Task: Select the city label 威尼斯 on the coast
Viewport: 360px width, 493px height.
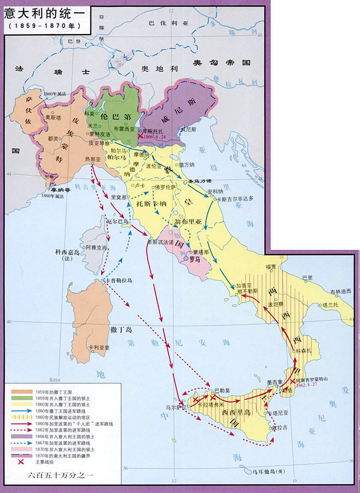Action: (189, 128)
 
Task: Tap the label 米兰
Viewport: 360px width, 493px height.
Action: (92, 126)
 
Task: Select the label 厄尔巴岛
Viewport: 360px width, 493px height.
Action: (116, 221)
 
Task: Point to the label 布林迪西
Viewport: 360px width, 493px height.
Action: (340, 291)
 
